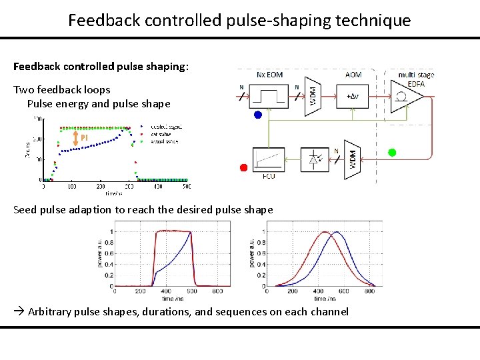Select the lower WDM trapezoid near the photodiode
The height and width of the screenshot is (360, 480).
353,159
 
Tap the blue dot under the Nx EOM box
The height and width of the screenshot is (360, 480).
258,115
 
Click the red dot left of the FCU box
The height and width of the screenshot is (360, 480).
244,167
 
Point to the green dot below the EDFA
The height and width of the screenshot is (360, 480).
392,153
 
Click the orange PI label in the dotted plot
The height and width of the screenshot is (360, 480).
85,138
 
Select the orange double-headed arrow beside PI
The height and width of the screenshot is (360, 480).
75,138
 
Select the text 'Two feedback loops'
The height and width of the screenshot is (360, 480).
62,89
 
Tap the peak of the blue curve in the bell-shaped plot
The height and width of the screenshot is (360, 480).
336,232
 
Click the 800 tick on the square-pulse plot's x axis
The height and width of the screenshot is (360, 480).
217,291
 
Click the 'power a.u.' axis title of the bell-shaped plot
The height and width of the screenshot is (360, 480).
252,255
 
